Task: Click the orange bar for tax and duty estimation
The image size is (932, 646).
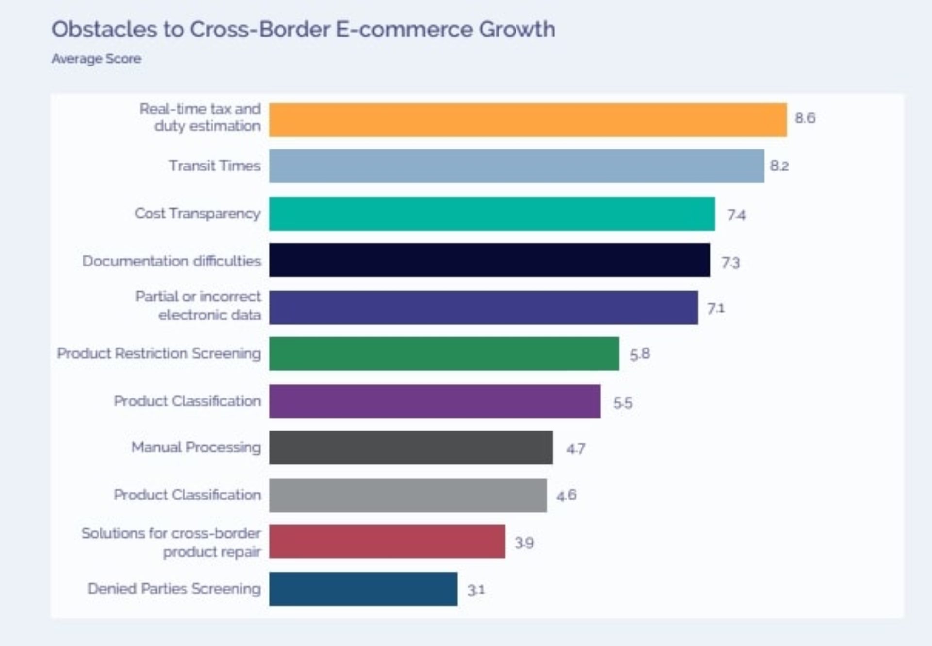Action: click(x=528, y=119)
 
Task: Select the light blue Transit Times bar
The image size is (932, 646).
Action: click(x=516, y=166)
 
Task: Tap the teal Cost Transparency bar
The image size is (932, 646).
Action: click(x=492, y=214)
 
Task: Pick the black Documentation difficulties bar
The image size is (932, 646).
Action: click(x=489, y=260)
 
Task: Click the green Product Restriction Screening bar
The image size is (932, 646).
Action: click(x=444, y=354)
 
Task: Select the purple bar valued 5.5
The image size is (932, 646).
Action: click(x=435, y=401)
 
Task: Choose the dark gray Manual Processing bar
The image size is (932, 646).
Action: click(x=411, y=447)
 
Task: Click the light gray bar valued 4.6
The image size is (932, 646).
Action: click(x=408, y=495)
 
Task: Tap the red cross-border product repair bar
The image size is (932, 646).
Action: click(x=387, y=542)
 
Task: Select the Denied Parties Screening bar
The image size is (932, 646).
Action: click(x=363, y=589)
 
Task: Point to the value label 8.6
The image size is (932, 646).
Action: click(x=804, y=118)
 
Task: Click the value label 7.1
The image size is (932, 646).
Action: click(x=716, y=308)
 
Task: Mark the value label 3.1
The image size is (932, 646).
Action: click(x=476, y=590)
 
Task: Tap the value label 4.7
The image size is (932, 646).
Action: click(x=576, y=448)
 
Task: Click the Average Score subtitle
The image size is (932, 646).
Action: click(x=97, y=59)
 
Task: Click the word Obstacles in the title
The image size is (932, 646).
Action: click(x=104, y=30)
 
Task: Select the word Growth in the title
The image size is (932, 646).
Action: click(x=517, y=30)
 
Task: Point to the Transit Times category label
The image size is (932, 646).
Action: click(x=215, y=166)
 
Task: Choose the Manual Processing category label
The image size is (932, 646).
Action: click(x=196, y=447)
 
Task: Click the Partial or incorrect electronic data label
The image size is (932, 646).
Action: click(x=198, y=306)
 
